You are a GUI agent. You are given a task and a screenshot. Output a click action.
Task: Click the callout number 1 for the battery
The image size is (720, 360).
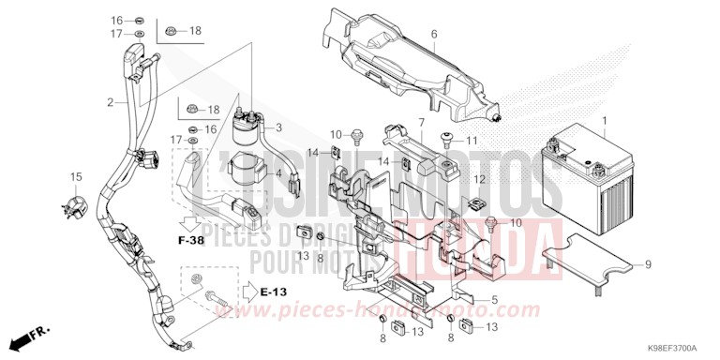605,120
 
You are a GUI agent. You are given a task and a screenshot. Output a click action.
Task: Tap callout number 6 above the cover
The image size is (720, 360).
434,35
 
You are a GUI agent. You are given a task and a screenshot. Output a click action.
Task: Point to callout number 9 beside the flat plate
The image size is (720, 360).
647,265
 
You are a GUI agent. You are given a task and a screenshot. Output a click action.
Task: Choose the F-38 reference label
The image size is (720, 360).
191,241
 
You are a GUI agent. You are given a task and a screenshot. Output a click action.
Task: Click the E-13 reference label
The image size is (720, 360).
273,292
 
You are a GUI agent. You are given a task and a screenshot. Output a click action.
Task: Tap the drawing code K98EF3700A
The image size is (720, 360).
677,348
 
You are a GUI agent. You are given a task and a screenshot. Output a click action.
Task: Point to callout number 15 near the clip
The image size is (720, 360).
75,176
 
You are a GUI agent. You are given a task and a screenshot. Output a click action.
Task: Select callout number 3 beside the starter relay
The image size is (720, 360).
278,127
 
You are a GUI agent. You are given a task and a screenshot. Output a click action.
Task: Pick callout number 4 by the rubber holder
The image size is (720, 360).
278,173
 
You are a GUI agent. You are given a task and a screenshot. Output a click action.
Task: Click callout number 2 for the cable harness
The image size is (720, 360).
110,101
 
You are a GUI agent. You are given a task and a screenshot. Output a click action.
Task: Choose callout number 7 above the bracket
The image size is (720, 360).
421,123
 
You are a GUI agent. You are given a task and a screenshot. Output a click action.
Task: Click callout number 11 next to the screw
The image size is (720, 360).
472,141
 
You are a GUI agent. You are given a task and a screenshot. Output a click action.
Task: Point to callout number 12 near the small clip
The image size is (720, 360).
477,178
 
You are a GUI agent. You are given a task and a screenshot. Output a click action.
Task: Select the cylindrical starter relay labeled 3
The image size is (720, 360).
248,122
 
